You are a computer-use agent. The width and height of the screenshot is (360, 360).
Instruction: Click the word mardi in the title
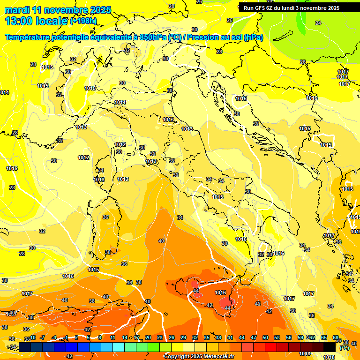(16, 9)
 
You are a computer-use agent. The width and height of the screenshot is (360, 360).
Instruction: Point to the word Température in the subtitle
(27, 37)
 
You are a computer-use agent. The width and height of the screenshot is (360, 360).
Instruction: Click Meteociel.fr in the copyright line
(218, 357)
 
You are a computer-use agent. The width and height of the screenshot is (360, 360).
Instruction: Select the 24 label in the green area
(318, 23)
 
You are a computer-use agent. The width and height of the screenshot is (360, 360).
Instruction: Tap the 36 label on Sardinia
(105, 217)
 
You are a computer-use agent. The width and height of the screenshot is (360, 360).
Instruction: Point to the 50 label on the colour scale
(265, 337)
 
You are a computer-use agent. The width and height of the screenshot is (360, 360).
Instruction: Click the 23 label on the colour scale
(159, 337)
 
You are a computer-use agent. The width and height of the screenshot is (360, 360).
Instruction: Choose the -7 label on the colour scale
(42, 337)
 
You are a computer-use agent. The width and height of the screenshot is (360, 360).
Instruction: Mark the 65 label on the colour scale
(324, 337)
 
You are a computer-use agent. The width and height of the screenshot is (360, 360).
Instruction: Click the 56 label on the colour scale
(288, 337)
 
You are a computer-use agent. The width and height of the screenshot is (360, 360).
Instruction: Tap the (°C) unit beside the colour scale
(345, 348)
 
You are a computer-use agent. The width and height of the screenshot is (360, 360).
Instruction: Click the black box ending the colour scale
(330, 347)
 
